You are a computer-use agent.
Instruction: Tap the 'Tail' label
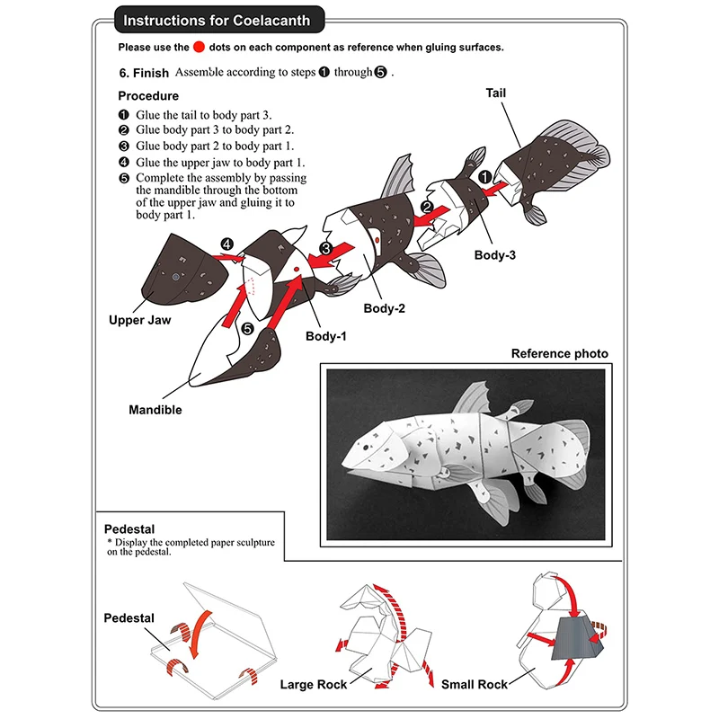pyautogui.click(x=497, y=93)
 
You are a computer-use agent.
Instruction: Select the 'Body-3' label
pyautogui.click(x=494, y=254)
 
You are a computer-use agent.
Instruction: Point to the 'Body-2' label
pyautogui.click(x=384, y=308)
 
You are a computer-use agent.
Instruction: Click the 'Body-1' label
pyautogui.click(x=325, y=336)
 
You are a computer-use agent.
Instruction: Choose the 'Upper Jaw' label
pyautogui.click(x=139, y=319)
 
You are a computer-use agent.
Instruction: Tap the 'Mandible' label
pyautogui.click(x=155, y=410)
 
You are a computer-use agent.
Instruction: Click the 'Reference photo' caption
pyautogui.click(x=559, y=353)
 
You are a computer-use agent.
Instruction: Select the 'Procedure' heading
pyautogui.click(x=148, y=95)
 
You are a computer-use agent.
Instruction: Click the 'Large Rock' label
pyautogui.click(x=314, y=685)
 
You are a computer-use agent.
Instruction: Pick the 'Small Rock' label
pyautogui.click(x=475, y=685)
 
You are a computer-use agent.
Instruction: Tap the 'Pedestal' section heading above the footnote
pyautogui.click(x=130, y=528)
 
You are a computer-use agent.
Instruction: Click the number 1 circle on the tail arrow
pyautogui.click(x=484, y=178)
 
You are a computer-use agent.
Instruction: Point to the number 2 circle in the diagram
pyautogui.click(x=429, y=207)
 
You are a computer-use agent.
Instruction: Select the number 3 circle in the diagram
pyautogui.click(x=326, y=248)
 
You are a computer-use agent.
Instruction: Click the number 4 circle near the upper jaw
pyautogui.click(x=227, y=244)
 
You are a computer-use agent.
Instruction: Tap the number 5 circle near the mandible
pyautogui.click(x=248, y=331)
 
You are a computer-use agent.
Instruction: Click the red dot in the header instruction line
pyautogui.click(x=200, y=47)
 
